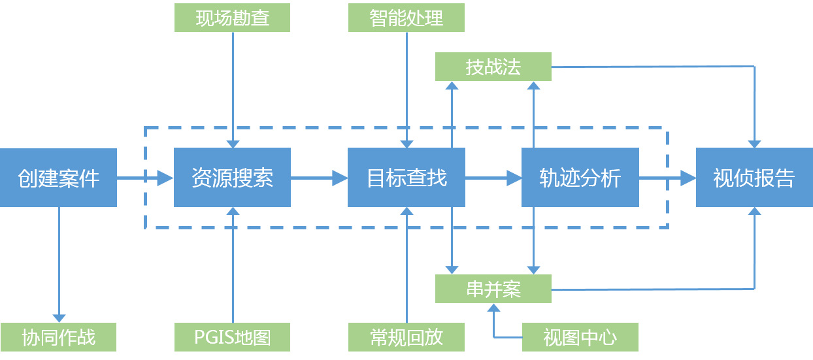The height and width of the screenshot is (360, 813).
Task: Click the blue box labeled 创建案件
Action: click(x=58, y=178)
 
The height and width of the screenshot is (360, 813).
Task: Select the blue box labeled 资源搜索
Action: click(x=232, y=178)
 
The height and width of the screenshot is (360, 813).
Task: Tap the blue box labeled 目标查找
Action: click(x=406, y=178)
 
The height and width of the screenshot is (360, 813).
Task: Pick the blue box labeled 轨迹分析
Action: click(x=580, y=178)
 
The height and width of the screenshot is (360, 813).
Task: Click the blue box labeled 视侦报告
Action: click(x=754, y=178)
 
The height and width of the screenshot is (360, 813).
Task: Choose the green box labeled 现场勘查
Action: click(x=232, y=18)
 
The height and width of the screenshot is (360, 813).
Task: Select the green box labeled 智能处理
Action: click(x=406, y=18)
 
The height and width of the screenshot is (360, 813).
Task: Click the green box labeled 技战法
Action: click(x=493, y=67)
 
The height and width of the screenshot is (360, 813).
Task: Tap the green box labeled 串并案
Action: click(x=493, y=289)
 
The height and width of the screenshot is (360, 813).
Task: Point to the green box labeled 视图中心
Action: click(x=580, y=337)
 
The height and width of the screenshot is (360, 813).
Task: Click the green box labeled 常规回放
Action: click(x=406, y=337)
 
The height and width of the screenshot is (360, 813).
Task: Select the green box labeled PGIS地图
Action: click(x=232, y=337)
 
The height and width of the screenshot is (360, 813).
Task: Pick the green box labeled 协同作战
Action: click(x=58, y=337)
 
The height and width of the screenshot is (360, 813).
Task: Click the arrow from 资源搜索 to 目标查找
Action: click(x=319, y=178)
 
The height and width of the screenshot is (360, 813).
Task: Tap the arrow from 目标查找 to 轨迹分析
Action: click(x=493, y=178)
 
